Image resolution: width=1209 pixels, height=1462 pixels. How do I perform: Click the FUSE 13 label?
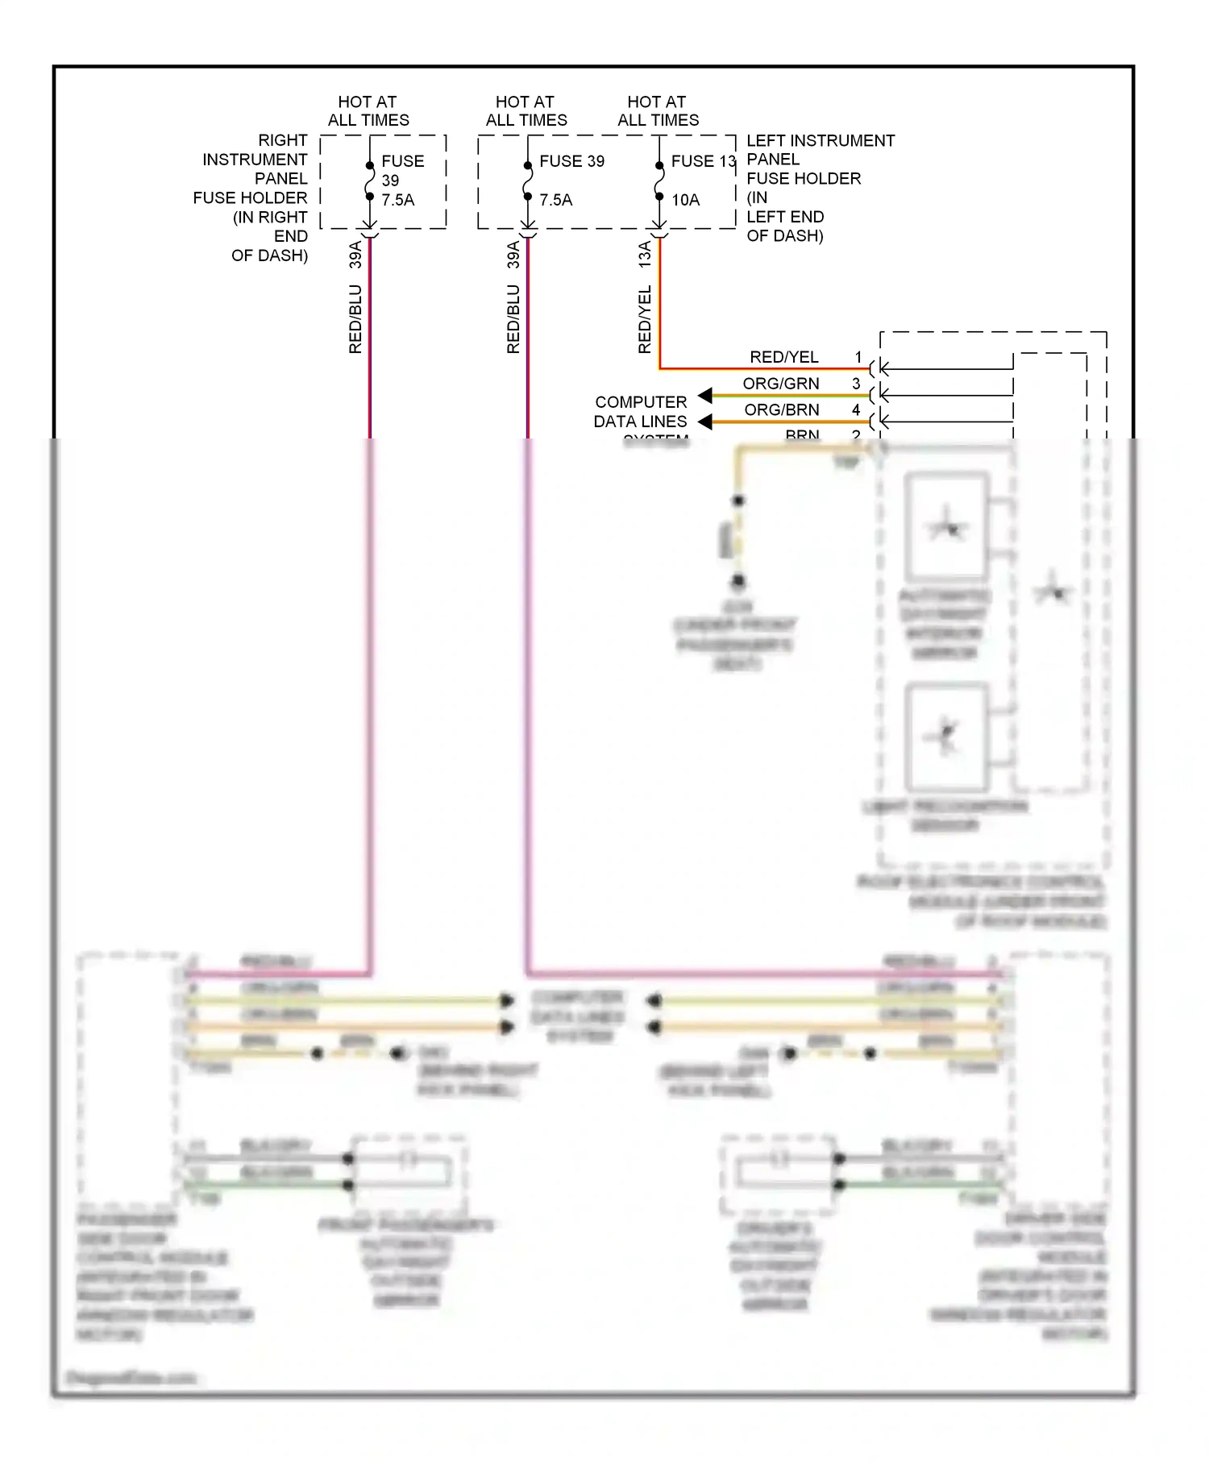(703, 161)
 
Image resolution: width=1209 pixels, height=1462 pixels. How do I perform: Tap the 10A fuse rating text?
(685, 200)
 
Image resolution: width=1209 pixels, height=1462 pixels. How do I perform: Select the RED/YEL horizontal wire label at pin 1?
(783, 357)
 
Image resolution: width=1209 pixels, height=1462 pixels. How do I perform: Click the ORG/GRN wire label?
(780, 384)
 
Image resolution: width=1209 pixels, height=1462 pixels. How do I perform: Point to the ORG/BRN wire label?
(781, 410)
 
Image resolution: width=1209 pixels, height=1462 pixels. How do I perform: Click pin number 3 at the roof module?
(856, 384)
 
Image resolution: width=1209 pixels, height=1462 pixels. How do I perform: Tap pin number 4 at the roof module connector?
(856, 410)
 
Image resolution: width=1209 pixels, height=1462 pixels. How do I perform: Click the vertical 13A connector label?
(645, 255)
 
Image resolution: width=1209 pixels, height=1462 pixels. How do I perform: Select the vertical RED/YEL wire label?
(645, 319)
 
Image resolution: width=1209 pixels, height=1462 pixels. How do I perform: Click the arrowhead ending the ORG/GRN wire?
(705, 395)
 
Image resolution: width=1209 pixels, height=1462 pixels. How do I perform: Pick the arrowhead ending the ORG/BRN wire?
(705, 422)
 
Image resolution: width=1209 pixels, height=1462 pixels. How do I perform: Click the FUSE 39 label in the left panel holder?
(571, 161)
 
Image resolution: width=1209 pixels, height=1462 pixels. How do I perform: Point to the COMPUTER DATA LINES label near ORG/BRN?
(641, 412)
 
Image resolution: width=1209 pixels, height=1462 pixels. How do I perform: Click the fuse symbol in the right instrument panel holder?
(370, 181)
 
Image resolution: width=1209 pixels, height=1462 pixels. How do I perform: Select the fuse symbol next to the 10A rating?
(659, 181)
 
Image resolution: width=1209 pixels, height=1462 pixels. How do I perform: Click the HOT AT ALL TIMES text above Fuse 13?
(658, 111)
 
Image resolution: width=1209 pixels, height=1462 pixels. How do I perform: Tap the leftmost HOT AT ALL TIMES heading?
(368, 111)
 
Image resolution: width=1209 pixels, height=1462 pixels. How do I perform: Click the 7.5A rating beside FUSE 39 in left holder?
(555, 200)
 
